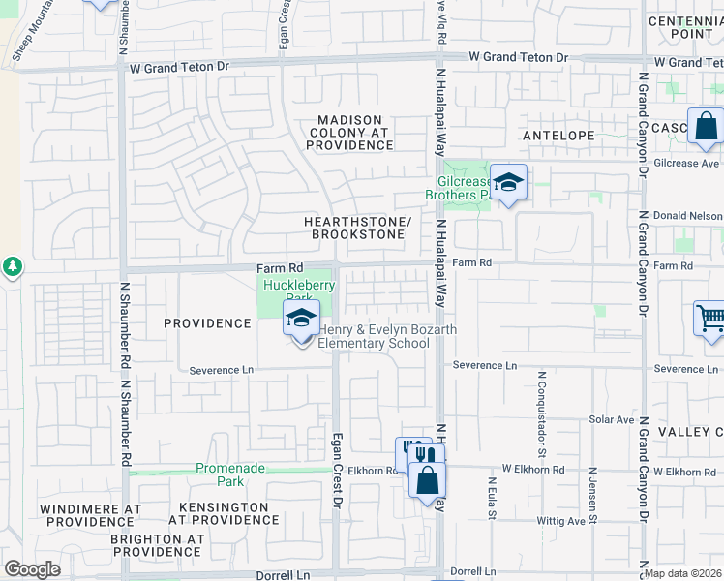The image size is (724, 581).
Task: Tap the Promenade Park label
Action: tap(230, 474)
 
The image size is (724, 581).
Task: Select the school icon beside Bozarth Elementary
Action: tap(301, 320)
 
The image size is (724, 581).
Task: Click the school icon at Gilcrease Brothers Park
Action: tap(507, 183)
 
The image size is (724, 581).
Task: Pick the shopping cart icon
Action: tap(709, 319)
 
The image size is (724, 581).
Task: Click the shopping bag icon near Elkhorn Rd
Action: tap(427, 479)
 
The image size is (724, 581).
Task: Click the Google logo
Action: tap(32, 569)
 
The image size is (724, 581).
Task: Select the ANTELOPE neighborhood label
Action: tap(558, 136)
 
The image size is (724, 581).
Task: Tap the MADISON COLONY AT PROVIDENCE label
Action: tap(349, 133)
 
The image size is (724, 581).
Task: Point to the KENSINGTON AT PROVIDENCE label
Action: tap(224, 514)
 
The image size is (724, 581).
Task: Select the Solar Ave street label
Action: tap(611, 420)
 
